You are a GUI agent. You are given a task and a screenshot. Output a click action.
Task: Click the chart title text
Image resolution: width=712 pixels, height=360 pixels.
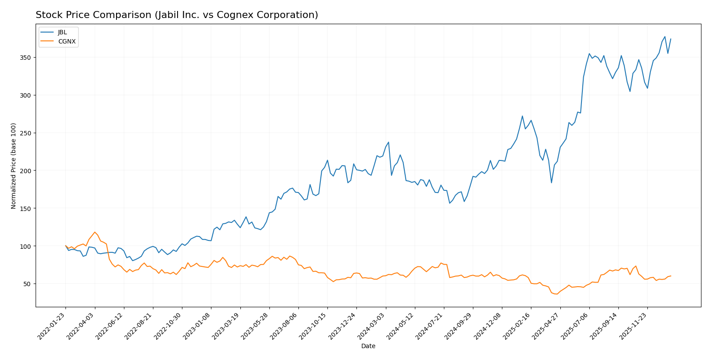(177, 15)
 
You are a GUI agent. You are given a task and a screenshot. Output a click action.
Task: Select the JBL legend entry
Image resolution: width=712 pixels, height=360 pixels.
(62, 33)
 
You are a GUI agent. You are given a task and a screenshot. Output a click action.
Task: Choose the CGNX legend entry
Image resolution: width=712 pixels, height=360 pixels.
(67, 42)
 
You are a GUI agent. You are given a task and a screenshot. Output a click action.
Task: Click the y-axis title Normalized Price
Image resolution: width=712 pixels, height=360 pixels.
(14, 166)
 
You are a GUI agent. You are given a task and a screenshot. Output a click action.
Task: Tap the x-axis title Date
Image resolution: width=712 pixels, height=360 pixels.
(368, 346)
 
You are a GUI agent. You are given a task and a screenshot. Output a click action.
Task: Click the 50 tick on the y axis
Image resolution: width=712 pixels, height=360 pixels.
(28, 284)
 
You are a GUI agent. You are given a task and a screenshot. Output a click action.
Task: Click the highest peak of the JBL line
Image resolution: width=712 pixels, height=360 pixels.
(665, 36)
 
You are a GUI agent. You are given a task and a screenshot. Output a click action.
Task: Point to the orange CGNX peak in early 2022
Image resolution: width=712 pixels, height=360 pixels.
(94, 232)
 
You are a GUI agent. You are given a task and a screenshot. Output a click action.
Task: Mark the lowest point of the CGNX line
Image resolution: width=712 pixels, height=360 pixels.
(557, 294)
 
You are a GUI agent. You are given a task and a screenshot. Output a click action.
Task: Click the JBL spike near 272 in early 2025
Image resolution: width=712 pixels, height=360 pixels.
(522, 116)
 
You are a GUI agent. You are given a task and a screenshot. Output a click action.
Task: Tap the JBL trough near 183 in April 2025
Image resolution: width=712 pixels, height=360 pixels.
(551, 183)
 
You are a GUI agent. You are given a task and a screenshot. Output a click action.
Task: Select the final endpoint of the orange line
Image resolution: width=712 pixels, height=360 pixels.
(671, 276)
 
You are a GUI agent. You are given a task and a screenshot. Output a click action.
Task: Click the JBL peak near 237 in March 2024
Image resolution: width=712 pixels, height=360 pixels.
(389, 142)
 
